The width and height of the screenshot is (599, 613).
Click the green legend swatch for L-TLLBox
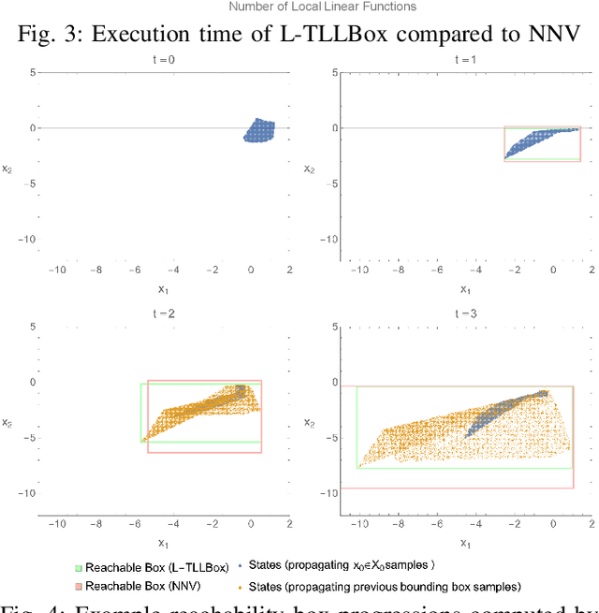click(79, 565)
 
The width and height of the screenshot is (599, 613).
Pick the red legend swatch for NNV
click(79, 585)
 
